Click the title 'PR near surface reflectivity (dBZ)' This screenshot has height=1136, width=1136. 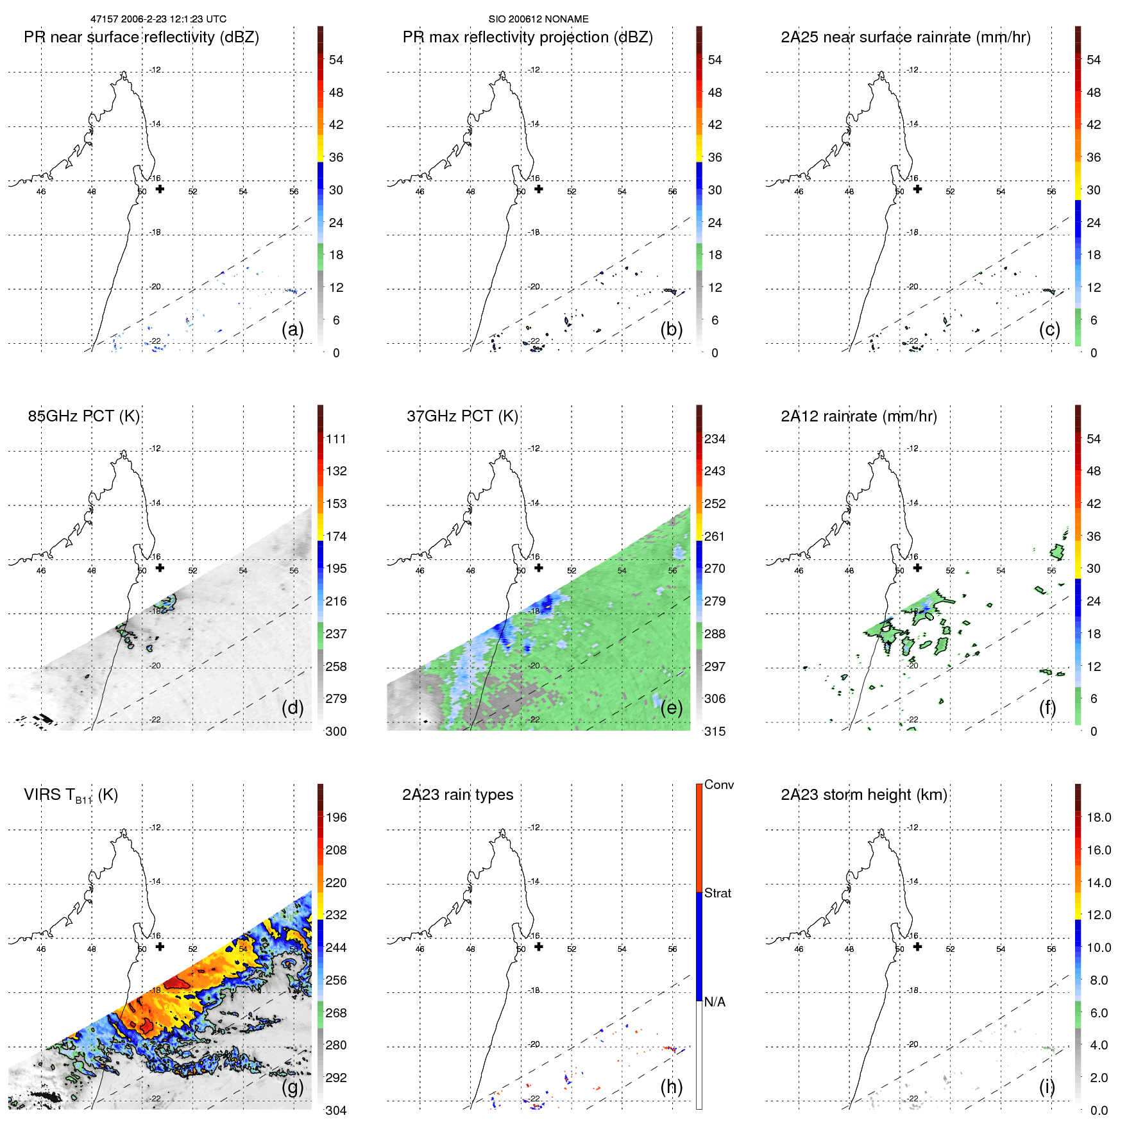point(141,37)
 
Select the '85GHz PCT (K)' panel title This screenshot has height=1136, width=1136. point(83,416)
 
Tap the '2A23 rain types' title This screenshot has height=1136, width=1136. point(457,795)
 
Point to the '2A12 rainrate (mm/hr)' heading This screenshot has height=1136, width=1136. point(858,416)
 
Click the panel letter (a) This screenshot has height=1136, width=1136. point(292,330)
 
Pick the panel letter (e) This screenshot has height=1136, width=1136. point(671,708)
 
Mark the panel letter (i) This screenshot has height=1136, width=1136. point(1047,1087)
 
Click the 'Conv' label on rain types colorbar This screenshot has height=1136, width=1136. point(718,784)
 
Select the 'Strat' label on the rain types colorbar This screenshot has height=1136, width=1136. point(717,893)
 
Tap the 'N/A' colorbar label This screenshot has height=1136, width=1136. point(715,1002)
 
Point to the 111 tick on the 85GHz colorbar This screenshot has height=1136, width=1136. point(336,439)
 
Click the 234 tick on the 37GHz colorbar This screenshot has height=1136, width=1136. point(715,439)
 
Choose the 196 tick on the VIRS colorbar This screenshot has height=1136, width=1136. point(336,817)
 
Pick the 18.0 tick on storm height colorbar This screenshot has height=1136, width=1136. point(1098,817)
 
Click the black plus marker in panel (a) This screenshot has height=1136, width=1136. point(160,189)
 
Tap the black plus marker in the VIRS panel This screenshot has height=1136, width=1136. point(160,947)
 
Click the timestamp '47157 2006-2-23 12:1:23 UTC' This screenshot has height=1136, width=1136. point(158,19)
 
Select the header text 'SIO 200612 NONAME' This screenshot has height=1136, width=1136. point(538,19)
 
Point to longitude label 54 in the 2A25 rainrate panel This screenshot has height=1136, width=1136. point(1001,192)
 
